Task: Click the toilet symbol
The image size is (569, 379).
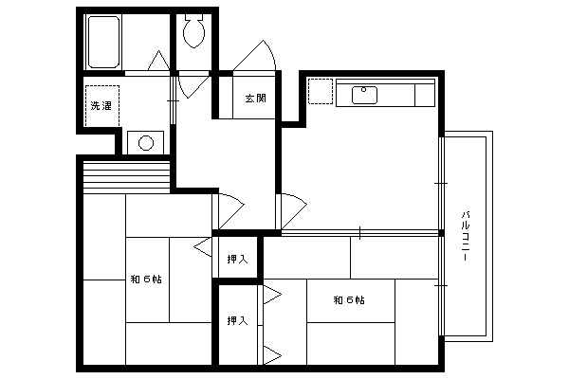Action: [x=193, y=30]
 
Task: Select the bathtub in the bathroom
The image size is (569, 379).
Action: [x=103, y=42]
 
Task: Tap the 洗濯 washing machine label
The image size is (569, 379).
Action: [x=101, y=106]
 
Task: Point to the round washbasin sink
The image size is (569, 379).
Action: [x=146, y=142]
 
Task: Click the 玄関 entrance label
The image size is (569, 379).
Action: [x=256, y=98]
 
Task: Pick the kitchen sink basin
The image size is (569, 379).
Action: [x=364, y=95]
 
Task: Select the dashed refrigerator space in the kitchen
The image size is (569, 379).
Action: [x=321, y=91]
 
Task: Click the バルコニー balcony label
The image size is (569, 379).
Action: [x=466, y=236]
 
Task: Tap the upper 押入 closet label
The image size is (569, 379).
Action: [x=238, y=259]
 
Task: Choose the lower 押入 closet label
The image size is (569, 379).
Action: [x=238, y=320]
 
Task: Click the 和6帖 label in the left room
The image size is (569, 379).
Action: [x=146, y=280]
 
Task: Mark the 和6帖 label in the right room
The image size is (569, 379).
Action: [x=349, y=300]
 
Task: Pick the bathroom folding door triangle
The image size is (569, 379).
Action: [x=158, y=61]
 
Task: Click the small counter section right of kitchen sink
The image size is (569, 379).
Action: [x=425, y=95]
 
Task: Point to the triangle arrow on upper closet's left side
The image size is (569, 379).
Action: [x=203, y=247]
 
